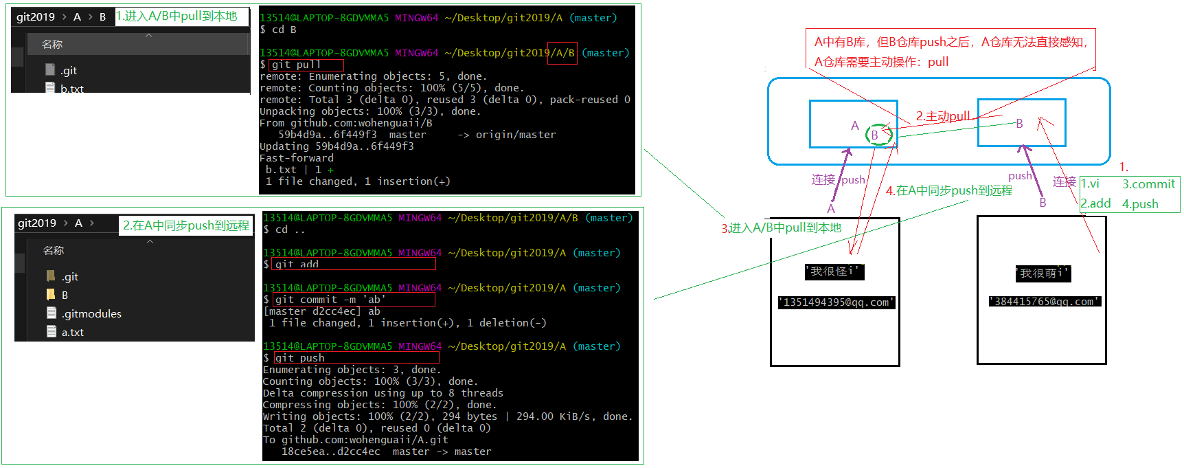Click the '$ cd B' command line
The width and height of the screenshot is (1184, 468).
pos(278,30)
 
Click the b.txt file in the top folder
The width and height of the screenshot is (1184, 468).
pos(71,89)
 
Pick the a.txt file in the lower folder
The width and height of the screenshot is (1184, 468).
pos(72,332)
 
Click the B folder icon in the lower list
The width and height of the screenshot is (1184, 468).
pos(51,294)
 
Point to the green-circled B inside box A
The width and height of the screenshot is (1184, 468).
pos(876,135)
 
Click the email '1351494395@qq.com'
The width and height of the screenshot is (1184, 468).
pos(836,302)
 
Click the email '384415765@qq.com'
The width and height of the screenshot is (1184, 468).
pos(1044,301)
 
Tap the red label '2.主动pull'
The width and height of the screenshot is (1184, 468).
pos(943,116)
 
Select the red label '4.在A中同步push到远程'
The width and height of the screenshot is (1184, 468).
pos(948,190)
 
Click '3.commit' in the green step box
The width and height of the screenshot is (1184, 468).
pos(1148,184)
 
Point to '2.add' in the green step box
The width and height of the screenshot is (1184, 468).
pos(1095,203)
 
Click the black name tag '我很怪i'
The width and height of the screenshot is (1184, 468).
pos(834,271)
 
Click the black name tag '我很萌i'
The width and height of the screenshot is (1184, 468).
pos(1043,273)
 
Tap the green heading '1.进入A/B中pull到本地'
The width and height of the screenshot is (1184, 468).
pos(177,16)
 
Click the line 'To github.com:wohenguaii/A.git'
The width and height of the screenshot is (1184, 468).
pos(355,440)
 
